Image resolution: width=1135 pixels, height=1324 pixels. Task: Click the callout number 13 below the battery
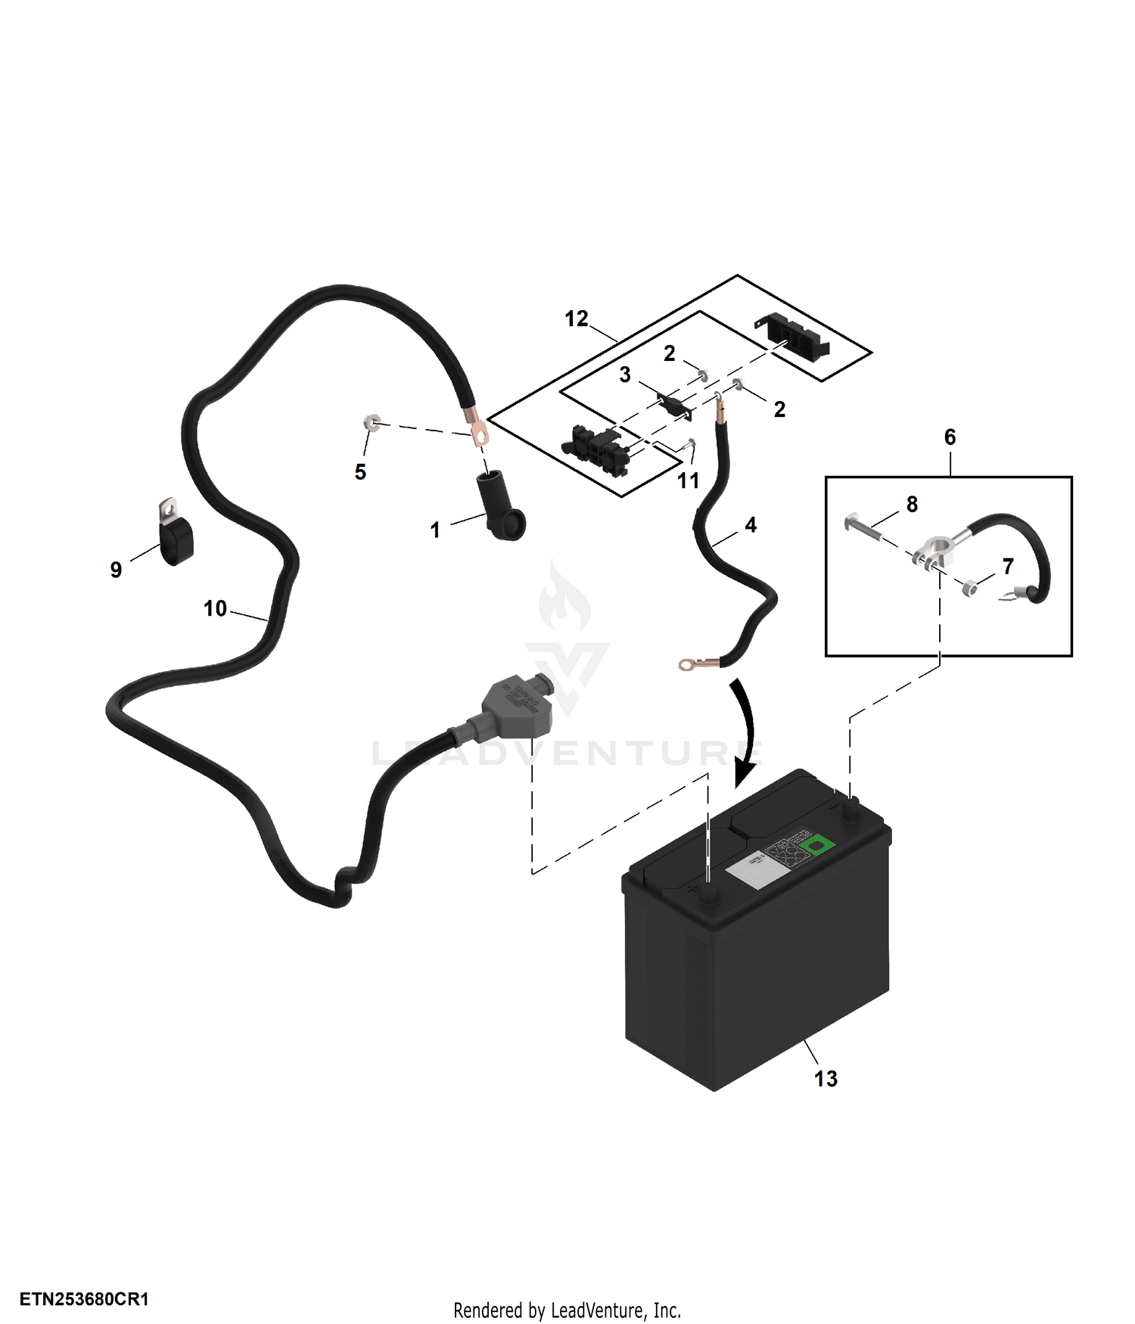826,1078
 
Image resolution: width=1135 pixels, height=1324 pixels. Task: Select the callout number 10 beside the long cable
215,608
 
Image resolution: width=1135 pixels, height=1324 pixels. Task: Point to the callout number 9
116,570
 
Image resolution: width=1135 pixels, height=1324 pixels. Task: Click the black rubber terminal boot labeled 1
499,507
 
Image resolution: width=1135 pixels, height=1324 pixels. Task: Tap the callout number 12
577,319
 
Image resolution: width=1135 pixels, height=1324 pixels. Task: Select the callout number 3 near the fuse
625,375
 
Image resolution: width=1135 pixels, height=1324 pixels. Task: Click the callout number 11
688,480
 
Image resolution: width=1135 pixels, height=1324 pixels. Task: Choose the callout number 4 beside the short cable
751,524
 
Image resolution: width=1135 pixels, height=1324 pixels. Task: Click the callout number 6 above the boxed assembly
950,437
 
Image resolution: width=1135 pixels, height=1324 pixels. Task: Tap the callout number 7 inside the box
1007,566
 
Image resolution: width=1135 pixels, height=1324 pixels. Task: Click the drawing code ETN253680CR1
84,1299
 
